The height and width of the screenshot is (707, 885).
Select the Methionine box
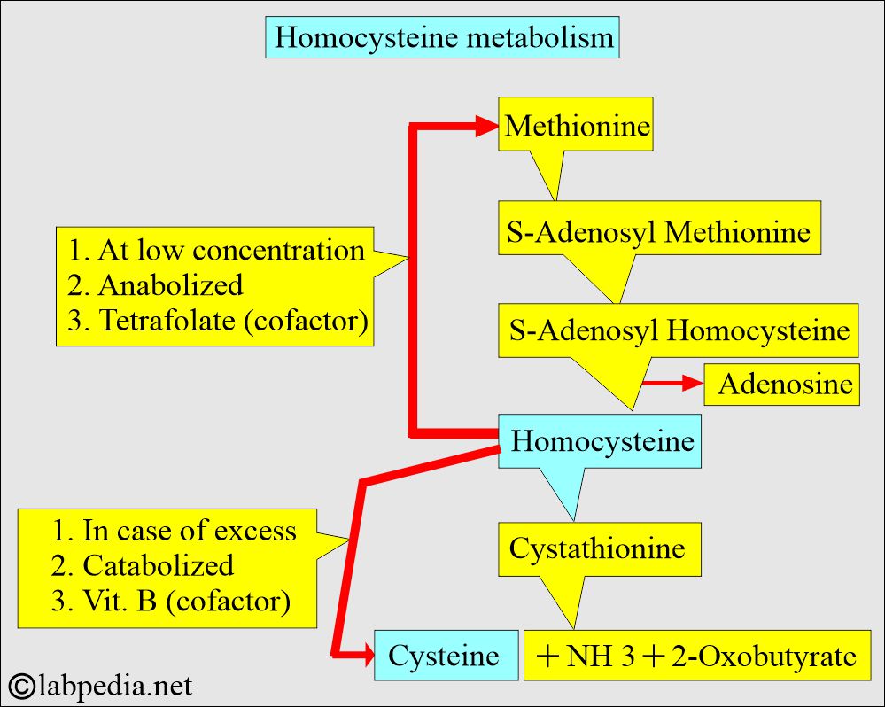[x=577, y=127]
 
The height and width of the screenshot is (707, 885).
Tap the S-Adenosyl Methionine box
[x=659, y=232]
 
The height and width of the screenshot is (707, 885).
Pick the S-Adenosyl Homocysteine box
[x=679, y=330]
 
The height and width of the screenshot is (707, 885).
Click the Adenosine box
[x=784, y=385]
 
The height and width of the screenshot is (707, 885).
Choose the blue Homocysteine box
[x=602, y=440]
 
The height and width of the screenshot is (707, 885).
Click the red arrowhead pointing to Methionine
[x=484, y=128]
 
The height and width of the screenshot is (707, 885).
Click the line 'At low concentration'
[x=216, y=251]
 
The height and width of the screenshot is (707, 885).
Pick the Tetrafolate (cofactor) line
[x=218, y=321]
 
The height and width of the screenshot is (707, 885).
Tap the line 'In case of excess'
[x=175, y=531]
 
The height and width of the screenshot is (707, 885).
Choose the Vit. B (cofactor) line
[x=171, y=602]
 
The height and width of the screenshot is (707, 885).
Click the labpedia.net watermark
[x=101, y=685]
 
